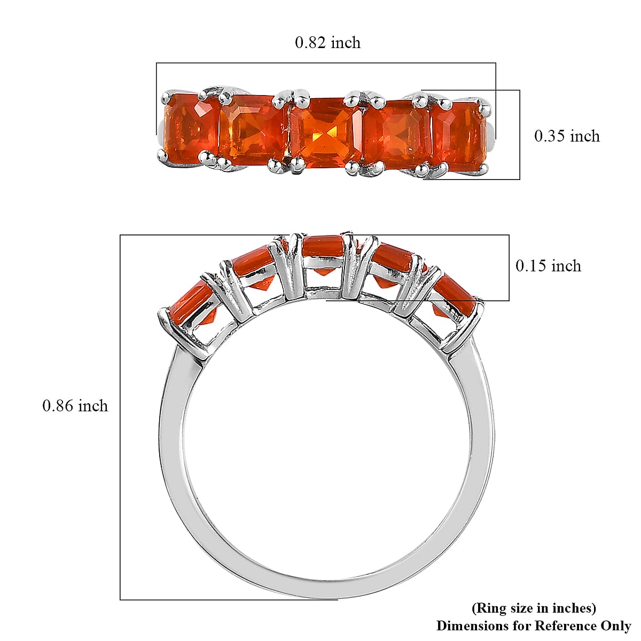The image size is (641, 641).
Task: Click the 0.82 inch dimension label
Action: click(327, 43)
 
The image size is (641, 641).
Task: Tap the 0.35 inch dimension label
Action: click(567, 136)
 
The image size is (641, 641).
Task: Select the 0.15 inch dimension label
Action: click(548, 265)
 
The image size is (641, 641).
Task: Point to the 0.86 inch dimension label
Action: click(75, 406)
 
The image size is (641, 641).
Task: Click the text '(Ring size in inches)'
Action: click(534, 608)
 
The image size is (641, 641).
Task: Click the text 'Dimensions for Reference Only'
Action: click(534, 626)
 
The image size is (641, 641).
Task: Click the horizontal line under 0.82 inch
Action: click(326, 63)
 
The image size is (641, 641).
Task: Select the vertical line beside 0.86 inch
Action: click(120, 417)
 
